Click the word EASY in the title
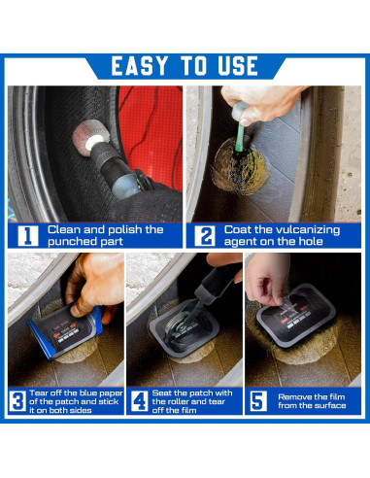coord(140,66)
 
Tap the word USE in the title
coord(238,66)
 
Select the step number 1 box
coord(28,235)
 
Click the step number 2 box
coord(205,235)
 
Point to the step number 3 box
coord(17,401)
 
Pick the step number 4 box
coord(140,401)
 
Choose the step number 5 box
coord(258,401)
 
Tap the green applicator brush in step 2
coord(241,139)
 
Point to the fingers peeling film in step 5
coord(266,282)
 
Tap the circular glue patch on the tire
coord(240,167)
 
